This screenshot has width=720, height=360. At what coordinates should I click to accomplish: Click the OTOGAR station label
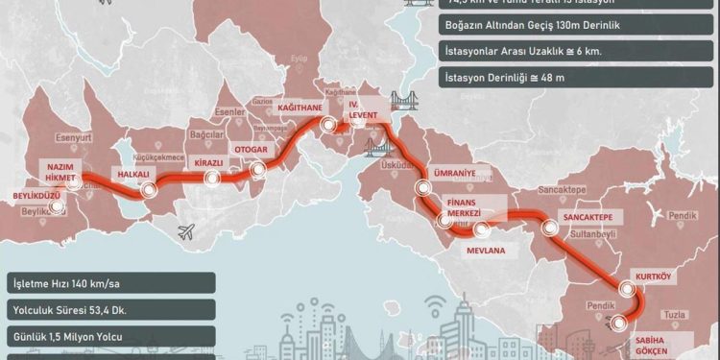[249, 150]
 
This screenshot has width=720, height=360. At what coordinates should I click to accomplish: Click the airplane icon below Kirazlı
[188, 230]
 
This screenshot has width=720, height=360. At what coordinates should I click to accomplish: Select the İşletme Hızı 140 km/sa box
[107, 285]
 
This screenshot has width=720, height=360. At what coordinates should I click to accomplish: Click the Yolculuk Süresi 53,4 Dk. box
[107, 312]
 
